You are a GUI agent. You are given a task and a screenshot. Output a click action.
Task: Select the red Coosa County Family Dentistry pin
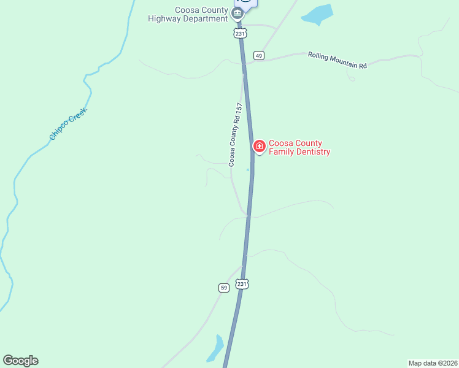tap(259, 146)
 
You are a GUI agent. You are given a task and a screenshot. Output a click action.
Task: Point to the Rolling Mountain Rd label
tap(337, 60)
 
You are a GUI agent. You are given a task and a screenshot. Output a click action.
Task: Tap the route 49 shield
tap(259, 56)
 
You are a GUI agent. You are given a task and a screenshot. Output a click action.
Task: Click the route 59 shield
tap(223, 287)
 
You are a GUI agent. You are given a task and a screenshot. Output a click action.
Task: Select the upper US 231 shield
tap(240, 33)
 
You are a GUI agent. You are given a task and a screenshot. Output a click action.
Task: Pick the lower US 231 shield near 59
tap(242, 284)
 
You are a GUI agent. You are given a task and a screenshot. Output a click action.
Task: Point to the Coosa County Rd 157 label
tap(236, 134)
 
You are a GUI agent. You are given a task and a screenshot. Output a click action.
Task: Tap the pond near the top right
tap(317, 14)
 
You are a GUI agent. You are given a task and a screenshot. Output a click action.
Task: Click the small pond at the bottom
tap(216, 348)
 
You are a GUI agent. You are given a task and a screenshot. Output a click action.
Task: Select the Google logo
tap(20, 361)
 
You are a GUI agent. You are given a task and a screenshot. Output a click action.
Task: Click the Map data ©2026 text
tap(433, 362)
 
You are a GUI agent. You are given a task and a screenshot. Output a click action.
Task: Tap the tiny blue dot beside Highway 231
tap(248, 170)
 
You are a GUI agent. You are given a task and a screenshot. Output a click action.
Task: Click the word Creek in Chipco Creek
tap(77, 115)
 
